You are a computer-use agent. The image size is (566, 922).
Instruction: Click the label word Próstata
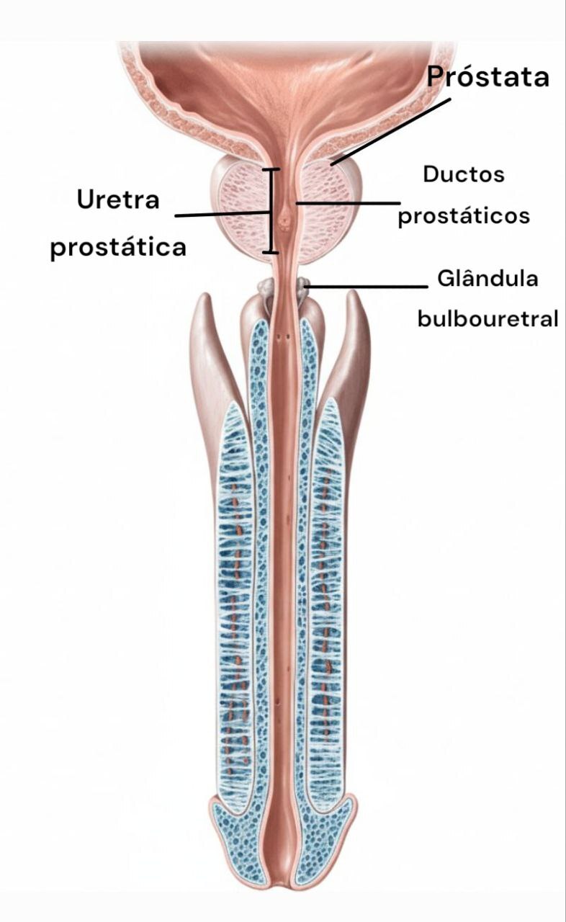(488, 77)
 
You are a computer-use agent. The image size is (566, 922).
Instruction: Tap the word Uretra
(118, 200)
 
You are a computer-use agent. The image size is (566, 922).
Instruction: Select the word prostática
(118, 247)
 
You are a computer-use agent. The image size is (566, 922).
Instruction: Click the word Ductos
(464, 174)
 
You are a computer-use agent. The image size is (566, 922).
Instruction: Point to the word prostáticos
(464, 215)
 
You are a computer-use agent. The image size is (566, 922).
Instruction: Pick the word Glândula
(488, 279)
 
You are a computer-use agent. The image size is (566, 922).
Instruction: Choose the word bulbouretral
(488, 318)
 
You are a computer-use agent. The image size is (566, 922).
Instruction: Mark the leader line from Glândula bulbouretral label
(367, 286)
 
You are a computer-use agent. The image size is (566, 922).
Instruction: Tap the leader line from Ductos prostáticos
(346, 203)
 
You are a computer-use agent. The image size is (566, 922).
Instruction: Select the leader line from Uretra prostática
(223, 214)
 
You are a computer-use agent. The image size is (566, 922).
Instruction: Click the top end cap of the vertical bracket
(271, 170)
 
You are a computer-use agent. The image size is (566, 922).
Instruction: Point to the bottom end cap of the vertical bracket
(271, 251)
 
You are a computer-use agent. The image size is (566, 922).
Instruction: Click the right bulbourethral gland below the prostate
(302, 287)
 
